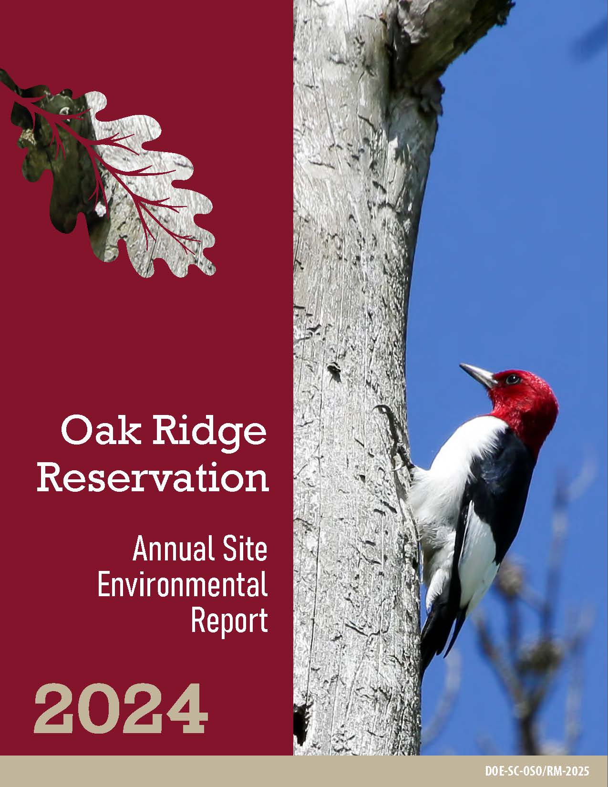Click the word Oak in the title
101,431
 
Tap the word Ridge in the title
209,434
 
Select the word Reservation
153,477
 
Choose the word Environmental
183,584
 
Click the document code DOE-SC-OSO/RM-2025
537,771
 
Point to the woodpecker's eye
513,379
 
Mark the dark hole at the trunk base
300,719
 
